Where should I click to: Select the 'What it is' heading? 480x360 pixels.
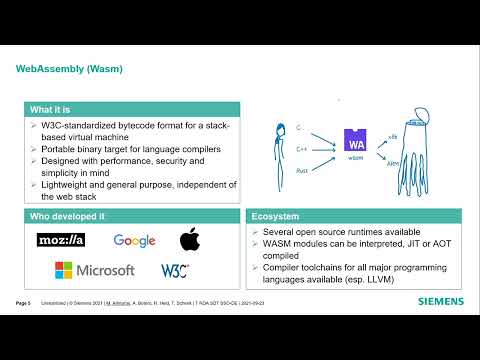[x=50, y=109]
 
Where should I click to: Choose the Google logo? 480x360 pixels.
[x=134, y=240]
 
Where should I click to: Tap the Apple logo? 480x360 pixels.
[x=189, y=239]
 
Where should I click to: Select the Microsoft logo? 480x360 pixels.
[x=94, y=270]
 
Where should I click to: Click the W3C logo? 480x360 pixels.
[x=175, y=270]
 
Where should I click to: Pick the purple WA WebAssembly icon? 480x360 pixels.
[x=354, y=140]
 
